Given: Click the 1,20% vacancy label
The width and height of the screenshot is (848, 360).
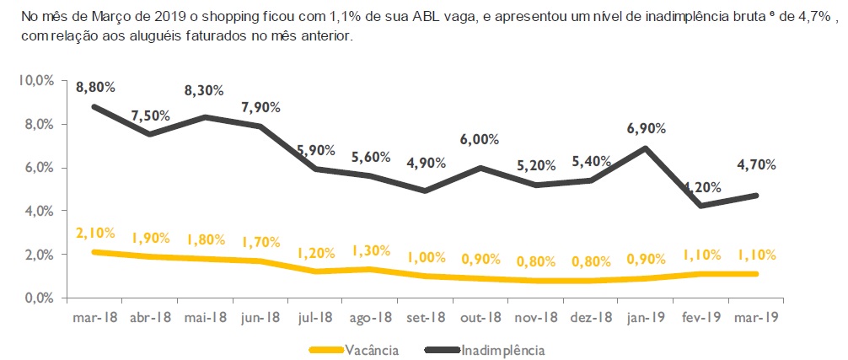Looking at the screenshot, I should [x=317, y=253].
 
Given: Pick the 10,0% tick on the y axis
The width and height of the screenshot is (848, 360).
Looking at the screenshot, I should [x=36, y=80].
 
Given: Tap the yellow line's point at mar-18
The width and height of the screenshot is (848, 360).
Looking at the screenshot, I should [x=94, y=252].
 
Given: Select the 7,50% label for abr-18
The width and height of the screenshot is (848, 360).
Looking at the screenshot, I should [x=152, y=116].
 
